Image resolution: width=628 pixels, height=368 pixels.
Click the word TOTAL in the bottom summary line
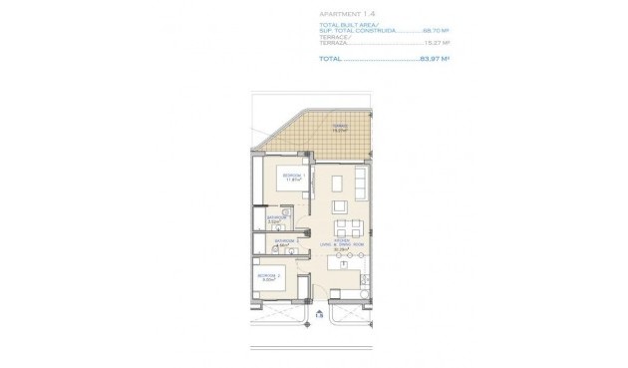tap(330, 58)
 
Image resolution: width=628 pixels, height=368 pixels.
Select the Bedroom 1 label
tap(293, 177)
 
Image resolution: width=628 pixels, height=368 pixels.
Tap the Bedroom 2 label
tap(268, 276)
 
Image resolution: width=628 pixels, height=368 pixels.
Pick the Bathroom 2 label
tap(287, 241)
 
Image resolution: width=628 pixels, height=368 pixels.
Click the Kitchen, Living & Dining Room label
tap(342, 245)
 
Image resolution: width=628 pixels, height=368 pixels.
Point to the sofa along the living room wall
tap(362, 184)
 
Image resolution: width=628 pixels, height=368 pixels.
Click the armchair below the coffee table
tap(340, 205)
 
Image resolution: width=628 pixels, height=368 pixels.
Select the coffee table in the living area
tap(337, 184)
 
